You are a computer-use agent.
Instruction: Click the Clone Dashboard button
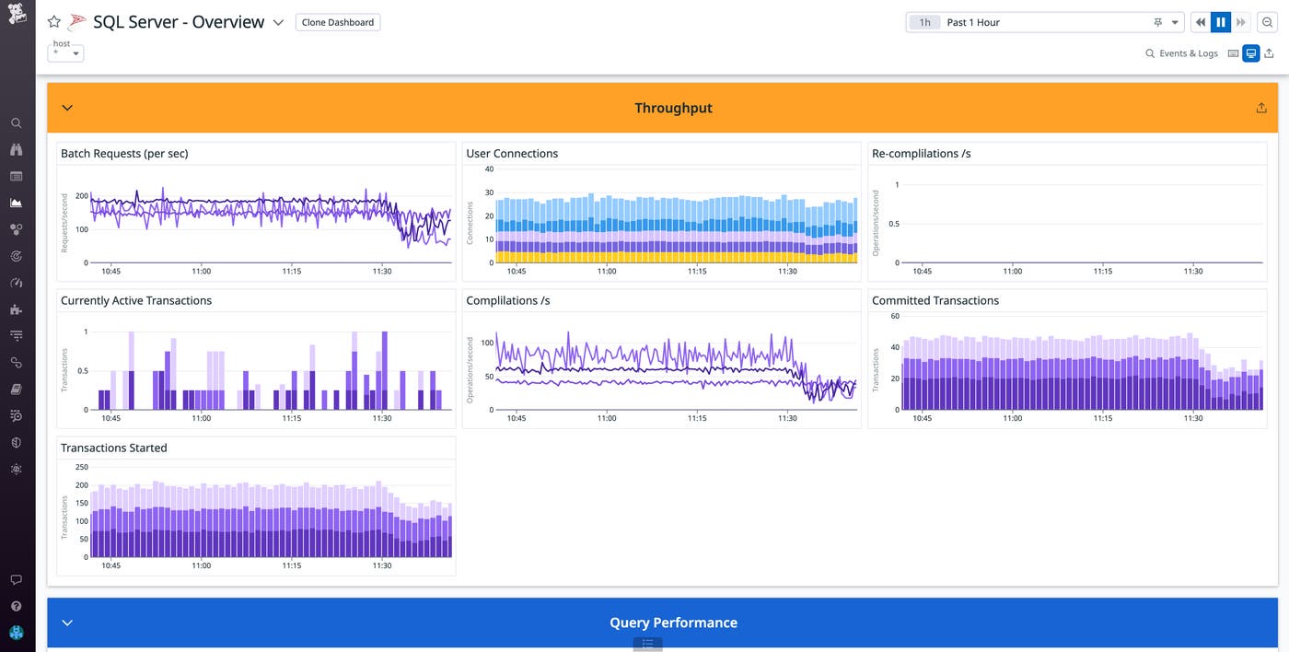(338, 22)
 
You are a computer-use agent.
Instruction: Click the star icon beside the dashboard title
(54, 22)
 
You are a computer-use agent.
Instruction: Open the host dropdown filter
(65, 52)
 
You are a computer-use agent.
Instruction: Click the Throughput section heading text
(673, 108)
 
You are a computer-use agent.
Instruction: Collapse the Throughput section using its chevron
(67, 108)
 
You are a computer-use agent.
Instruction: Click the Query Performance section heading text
(673, 623)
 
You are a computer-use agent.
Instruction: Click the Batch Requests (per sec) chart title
(124, 154)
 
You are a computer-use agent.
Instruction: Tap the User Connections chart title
(512, 154)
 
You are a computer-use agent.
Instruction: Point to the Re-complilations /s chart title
(921, 154)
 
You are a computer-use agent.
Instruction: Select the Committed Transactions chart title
(935, 300)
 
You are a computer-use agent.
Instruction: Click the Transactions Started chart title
(113, 448)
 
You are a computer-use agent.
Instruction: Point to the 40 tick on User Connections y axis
(489, 169)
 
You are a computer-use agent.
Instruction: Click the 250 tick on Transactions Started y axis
(81, 466)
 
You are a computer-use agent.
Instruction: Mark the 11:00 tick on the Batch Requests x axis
(201, 272)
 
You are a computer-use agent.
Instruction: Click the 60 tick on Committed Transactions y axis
(895, 317)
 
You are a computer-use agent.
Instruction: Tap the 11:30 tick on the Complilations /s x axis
(787, 418)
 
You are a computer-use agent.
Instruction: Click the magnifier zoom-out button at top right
(1268, 22)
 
